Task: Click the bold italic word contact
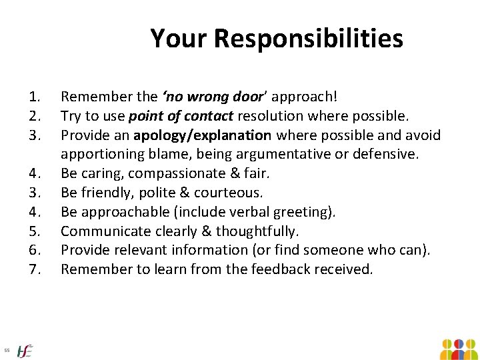(209, 116)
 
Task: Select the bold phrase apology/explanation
(202, 135)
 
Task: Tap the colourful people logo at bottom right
(458, 348)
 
